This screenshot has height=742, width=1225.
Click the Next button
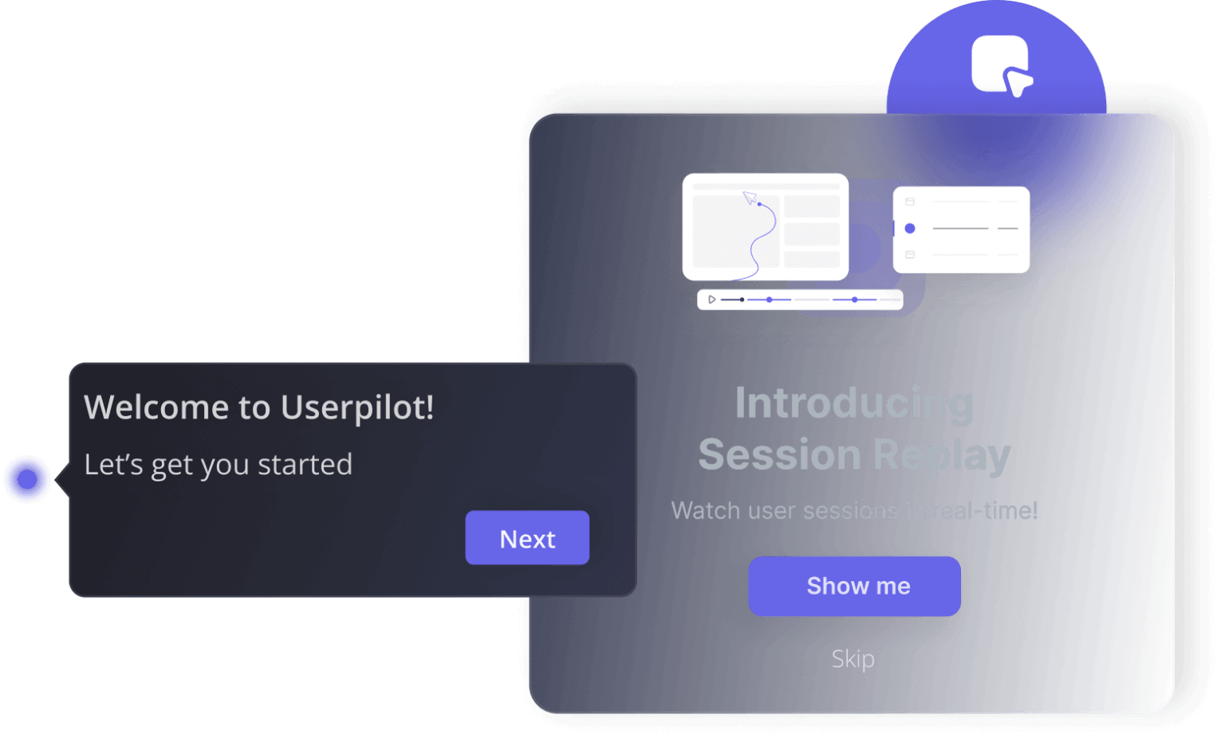click(527, 538)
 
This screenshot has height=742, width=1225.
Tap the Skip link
click(853, 659)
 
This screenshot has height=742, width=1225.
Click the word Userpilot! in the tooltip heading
click(357, 408)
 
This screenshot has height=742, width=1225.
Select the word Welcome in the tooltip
click(156, 407)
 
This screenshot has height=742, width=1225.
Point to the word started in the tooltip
click(305, 465)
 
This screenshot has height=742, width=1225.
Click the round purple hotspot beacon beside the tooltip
click(27, 479)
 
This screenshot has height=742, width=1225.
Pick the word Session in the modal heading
click(779, 454)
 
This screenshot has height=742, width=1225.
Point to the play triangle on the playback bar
click(712, 300)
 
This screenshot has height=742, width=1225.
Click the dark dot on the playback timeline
click(742, 300)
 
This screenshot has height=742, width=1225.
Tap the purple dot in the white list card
click(910, 229)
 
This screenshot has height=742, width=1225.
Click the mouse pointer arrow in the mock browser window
click(749, 197)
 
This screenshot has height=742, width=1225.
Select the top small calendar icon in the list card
click(910, 202)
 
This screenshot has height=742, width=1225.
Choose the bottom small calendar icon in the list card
click(910, 255)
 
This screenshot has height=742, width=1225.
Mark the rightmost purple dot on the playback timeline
click(854, 300)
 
